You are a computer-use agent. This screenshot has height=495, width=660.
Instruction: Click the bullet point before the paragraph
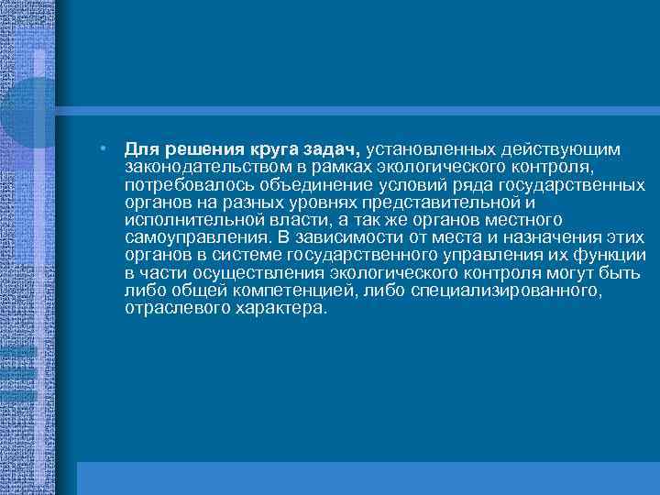106,148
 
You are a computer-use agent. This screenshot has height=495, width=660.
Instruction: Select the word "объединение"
294,186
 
